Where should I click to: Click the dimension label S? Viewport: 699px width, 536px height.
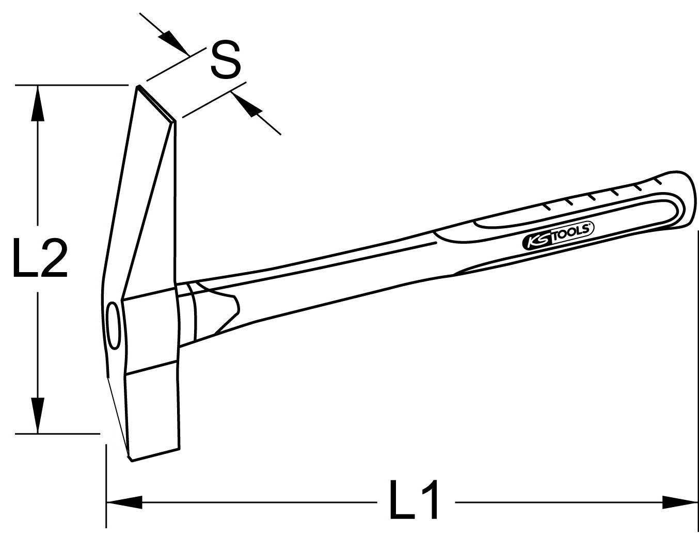click(226, 61)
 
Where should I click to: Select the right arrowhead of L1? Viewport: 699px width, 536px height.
click(679, 501)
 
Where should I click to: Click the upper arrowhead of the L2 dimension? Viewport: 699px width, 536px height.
click(37, 103)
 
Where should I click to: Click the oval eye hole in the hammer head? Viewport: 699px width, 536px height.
click(113, 327)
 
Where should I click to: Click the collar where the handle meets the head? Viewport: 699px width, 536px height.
click(187, 312)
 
